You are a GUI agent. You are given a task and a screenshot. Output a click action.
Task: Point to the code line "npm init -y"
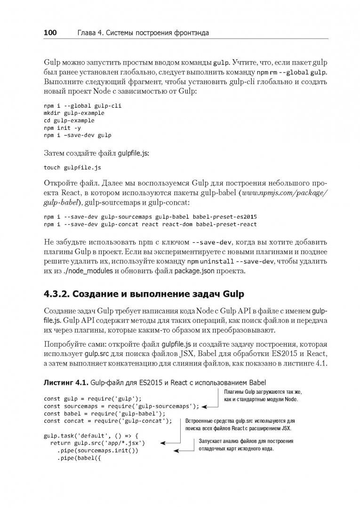[62, 128]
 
